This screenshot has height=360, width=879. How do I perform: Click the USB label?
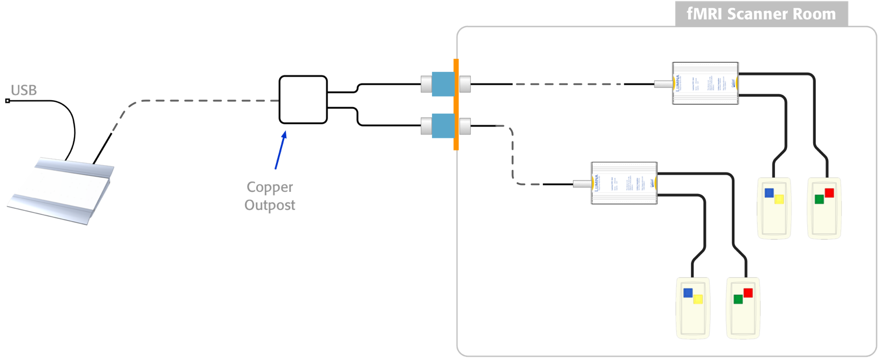point(24,91)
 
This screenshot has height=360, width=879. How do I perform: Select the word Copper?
point(270,187)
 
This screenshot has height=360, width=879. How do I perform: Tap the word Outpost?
point(270,205)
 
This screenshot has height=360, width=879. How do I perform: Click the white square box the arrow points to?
point(303,100)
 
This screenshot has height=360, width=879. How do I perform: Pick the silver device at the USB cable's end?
point(61,190)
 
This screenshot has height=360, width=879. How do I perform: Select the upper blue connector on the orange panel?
point(443,84)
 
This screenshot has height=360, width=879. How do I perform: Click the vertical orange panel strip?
point(456,104)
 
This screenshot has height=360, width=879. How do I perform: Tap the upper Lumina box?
point(705,83)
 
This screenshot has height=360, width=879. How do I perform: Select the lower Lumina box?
point(624,183)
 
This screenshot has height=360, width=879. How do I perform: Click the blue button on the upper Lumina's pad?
point(770,193)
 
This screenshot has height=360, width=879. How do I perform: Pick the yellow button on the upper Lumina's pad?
point(779,199)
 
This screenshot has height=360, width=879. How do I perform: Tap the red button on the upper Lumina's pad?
point(829,193)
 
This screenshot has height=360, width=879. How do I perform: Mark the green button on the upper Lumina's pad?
point(820,199)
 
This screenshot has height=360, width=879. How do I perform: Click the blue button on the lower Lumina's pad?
point(688,293)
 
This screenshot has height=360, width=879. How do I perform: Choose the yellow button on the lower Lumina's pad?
point(698,299)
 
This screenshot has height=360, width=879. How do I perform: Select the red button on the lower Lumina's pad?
point(748,293)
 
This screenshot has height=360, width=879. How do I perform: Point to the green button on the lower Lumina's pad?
point(738,299)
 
